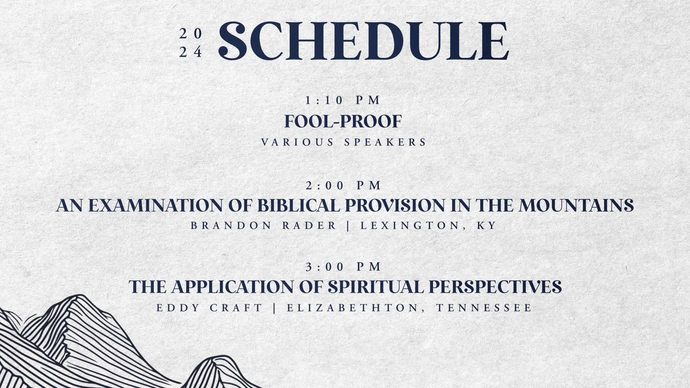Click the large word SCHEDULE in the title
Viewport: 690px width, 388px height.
point(363,41)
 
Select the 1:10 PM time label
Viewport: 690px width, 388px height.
point(343,100)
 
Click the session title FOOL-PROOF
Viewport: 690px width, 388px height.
point(343,121)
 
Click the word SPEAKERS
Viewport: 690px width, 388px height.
point(385,142)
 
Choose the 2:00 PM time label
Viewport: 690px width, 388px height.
point(343,185)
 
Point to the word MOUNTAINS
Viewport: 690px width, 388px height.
point(576,205)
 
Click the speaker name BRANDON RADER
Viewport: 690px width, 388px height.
point(263,226)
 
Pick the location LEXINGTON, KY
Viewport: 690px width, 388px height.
point(428,226)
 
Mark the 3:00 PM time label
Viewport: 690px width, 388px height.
point(343,267)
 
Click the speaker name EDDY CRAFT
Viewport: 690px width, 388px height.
point(210,308)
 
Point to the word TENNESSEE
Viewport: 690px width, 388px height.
point(484,308)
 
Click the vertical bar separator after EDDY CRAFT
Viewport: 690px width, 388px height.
point(275,308)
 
